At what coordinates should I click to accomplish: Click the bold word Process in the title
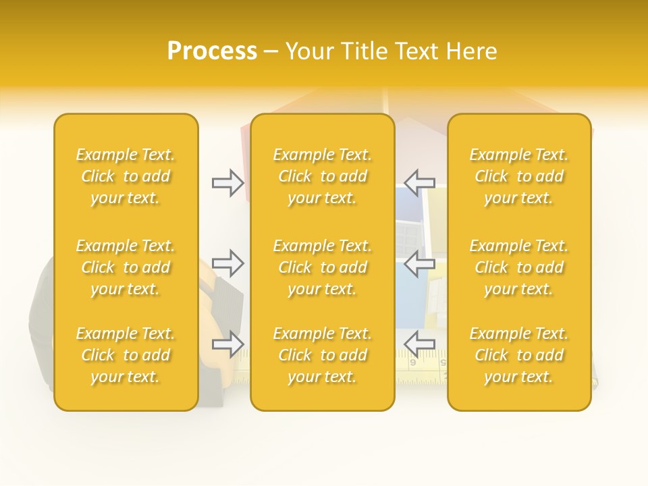[x=212, y=51]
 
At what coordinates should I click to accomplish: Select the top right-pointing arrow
[x=228, y=182]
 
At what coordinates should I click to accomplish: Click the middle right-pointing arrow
[x=228, y=263]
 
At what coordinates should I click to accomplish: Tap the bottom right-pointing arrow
[x=228, y=344]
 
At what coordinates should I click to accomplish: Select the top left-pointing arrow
[x=419, y=182]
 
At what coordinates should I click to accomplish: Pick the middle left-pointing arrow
[x=419, y=263]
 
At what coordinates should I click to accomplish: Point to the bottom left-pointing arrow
[x=419, y=344]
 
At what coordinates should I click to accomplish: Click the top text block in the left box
[x=126, y=176]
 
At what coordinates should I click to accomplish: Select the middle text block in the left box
[x=126, y=267]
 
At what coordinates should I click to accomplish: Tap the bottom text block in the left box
[x=126, y=355]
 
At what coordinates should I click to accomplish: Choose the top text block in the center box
[x=322, y=176]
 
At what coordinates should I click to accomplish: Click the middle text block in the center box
[x=322, y=267]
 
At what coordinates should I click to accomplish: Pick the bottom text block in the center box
[x=322, y=355]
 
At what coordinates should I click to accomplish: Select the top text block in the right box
[x=519, y=176]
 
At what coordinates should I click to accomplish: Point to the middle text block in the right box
[x=519, y=267]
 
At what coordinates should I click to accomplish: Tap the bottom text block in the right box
[x=519, y=355]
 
